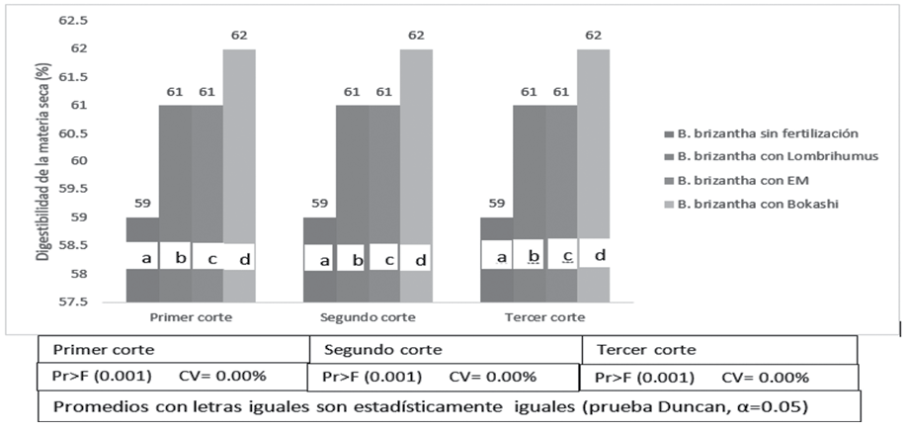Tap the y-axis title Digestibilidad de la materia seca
tap(42, 160)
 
